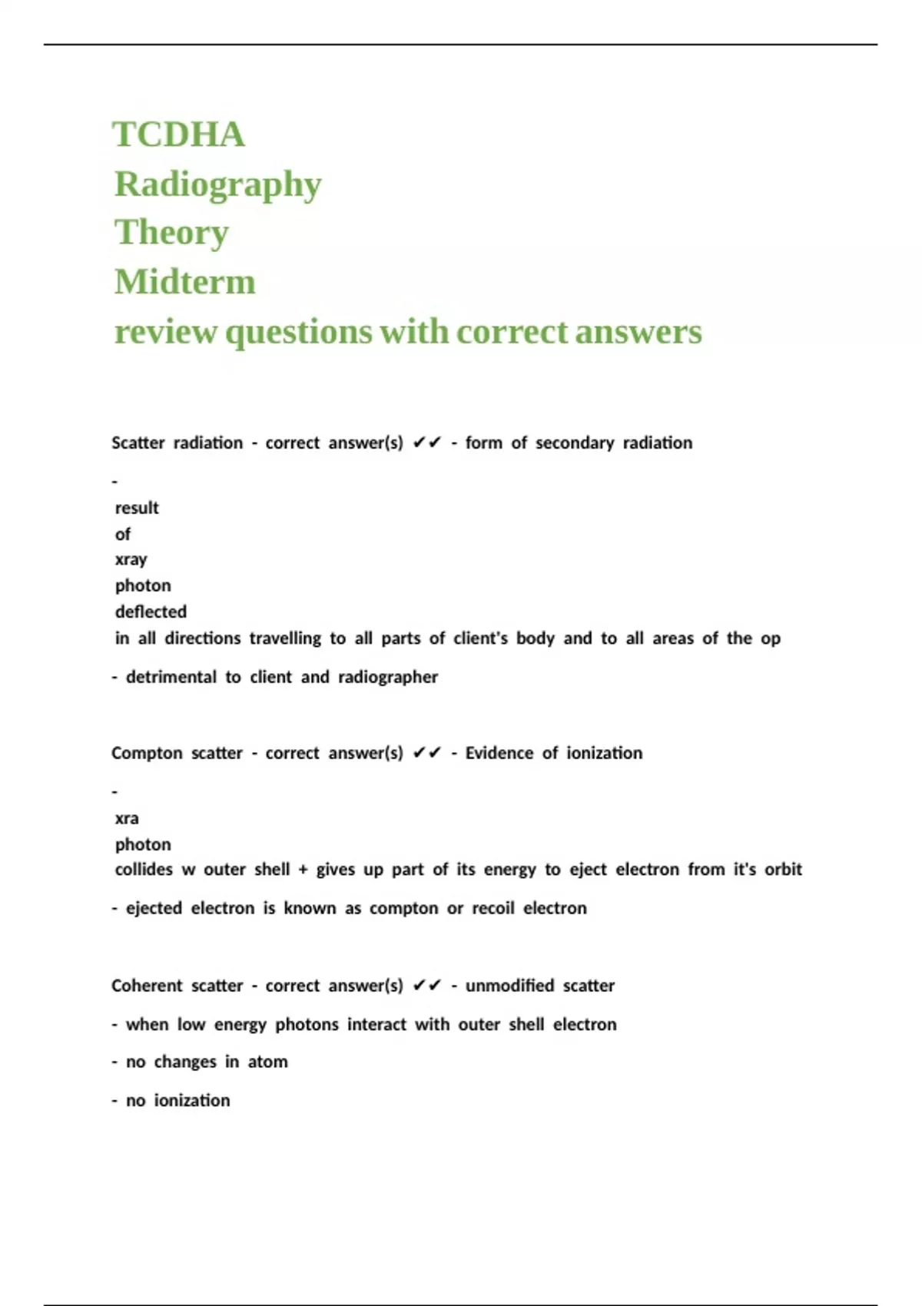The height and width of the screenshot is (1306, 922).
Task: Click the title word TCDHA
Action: pos(179,135)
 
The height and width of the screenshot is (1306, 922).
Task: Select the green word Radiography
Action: pos(218,185)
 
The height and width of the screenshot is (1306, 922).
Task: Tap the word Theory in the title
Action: pos(172,233)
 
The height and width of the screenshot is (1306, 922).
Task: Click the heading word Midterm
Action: pos(185,282)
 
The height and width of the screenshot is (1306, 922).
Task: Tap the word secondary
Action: pos(575,443)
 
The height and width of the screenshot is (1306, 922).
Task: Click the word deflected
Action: pos(151,612)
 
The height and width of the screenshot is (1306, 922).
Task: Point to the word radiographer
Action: pos(388,678)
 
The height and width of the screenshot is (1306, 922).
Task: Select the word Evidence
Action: pos(499,754)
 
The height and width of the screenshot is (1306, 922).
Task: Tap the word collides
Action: pos(144,870)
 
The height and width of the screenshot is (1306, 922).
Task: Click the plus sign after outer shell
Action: pos(303,870)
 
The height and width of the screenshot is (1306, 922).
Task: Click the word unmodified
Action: pos(509,986)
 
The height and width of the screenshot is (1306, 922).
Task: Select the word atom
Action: pos(267,1062)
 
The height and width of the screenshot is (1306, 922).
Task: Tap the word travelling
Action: pos(285,639)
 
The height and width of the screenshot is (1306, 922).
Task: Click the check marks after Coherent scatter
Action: pos(427,986)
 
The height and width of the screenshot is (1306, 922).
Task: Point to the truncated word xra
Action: pos(127,819)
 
